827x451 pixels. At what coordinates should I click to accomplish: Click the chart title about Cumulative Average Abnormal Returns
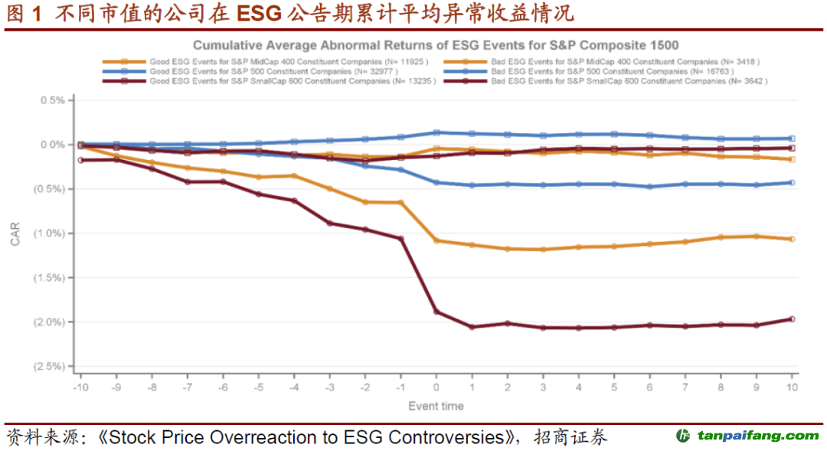pyautogui.click(x=436, y=46)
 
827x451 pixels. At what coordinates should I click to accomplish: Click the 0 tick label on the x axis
pyautogui.click(x=436, y=388)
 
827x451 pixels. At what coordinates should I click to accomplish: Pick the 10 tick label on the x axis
pyautogui.click(x=793, y=388)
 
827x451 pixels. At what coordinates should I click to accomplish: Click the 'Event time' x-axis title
pyautogui.click(x=436, y=406)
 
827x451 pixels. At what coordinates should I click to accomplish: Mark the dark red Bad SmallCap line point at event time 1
pyautogui.click(x=472, y=327)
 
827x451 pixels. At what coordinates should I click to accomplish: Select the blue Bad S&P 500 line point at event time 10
pyautogui.click(x=792, y=182)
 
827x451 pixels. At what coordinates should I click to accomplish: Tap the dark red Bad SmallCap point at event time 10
pyautogui.click(x=792, y=319)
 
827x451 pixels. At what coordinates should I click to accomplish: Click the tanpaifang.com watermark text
pyautogui.click(x=757, y=436)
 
